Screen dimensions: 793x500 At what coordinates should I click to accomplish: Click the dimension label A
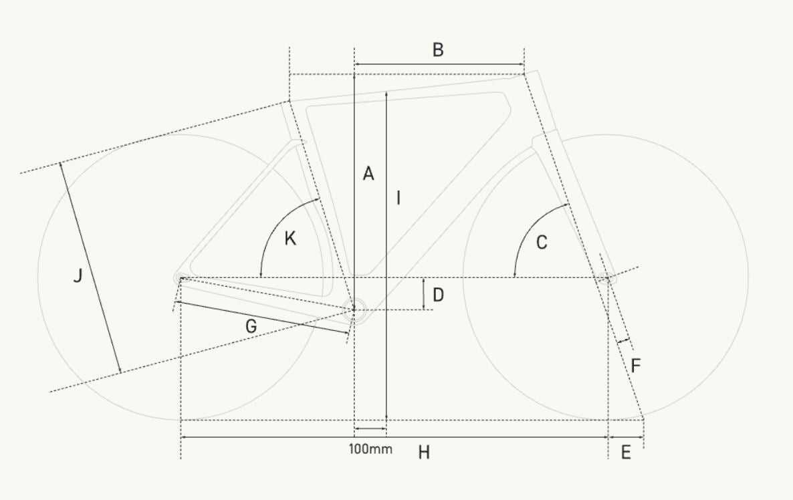click(368, 173)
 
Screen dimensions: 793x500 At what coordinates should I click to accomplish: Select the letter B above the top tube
click(438, 50)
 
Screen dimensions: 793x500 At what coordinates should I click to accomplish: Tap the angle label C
click(541, 243)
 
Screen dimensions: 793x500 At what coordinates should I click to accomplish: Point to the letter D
click(438, 295)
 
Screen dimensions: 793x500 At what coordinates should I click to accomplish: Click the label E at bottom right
click(626, 453)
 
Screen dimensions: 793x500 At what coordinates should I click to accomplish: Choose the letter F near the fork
click(636, 366)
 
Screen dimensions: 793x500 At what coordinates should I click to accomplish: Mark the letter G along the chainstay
click(251, 327)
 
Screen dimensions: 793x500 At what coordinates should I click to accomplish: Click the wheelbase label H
click(424, 453)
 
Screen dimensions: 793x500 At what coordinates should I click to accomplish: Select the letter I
click(399, 198)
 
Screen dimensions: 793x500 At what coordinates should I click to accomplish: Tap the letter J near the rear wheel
click(78, 276)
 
